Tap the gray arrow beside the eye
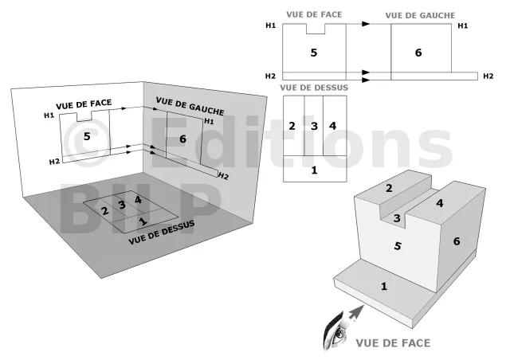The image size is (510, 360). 356,312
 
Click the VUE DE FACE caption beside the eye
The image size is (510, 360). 393,343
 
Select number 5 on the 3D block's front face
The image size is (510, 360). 398,246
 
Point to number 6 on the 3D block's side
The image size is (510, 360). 457,241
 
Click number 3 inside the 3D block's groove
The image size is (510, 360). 397,218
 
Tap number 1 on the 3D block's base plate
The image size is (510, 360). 384,286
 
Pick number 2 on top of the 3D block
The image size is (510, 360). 389,188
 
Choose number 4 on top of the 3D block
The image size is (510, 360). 439,203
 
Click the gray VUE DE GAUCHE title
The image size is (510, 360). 420,15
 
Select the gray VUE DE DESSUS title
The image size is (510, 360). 314,88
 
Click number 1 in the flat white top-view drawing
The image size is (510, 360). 314,170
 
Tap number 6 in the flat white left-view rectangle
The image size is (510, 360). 418,53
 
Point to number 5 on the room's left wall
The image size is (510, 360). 87,136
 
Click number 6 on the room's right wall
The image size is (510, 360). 182,139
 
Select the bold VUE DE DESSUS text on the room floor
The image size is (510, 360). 162,233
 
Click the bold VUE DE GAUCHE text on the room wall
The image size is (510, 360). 190,106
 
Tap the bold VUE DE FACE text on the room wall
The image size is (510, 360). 84,104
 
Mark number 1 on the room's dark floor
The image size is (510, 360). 143,221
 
